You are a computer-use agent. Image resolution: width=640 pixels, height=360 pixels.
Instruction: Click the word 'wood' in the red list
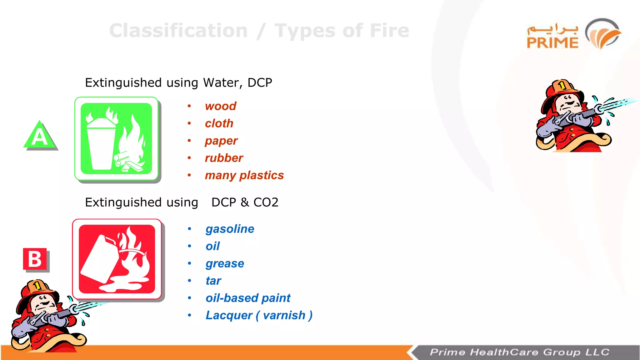pyautogui.click(x=220, y=106)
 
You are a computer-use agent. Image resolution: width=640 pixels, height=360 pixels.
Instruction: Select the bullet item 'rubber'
pyautogui.click(x=224, y=158)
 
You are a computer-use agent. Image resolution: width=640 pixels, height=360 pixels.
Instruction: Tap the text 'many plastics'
pyautogui.click(x=244, y=175)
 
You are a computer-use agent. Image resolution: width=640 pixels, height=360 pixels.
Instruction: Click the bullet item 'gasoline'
pyautogui.click(x=230, y=229)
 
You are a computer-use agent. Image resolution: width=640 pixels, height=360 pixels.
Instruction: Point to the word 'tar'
pyautogui.click(x=213, y=281)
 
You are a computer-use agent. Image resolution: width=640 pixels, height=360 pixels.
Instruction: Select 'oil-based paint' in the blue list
pyautogui.click(x=248, y=298)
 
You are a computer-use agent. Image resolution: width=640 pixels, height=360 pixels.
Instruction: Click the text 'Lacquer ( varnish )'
pyautogui.click(x=259, y=315)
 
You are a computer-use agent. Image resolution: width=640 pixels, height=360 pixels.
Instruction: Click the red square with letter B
pyautogui.click(x=35, y=259)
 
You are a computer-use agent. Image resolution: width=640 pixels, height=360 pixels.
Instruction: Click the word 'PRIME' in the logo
pyautogui.click(x=552, y=43)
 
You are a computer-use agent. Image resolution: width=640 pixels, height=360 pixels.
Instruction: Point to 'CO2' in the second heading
pyautogui.click(x=266, y=202)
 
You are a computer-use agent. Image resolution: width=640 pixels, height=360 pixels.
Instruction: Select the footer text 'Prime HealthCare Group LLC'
pyautogui.click(x=519, y=352)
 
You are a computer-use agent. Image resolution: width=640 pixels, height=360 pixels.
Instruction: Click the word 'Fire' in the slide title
pyautogui.click(x=389, y=31)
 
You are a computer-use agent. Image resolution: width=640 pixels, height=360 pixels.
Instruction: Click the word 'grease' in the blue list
pyautogui.click(x=225, y=264)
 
